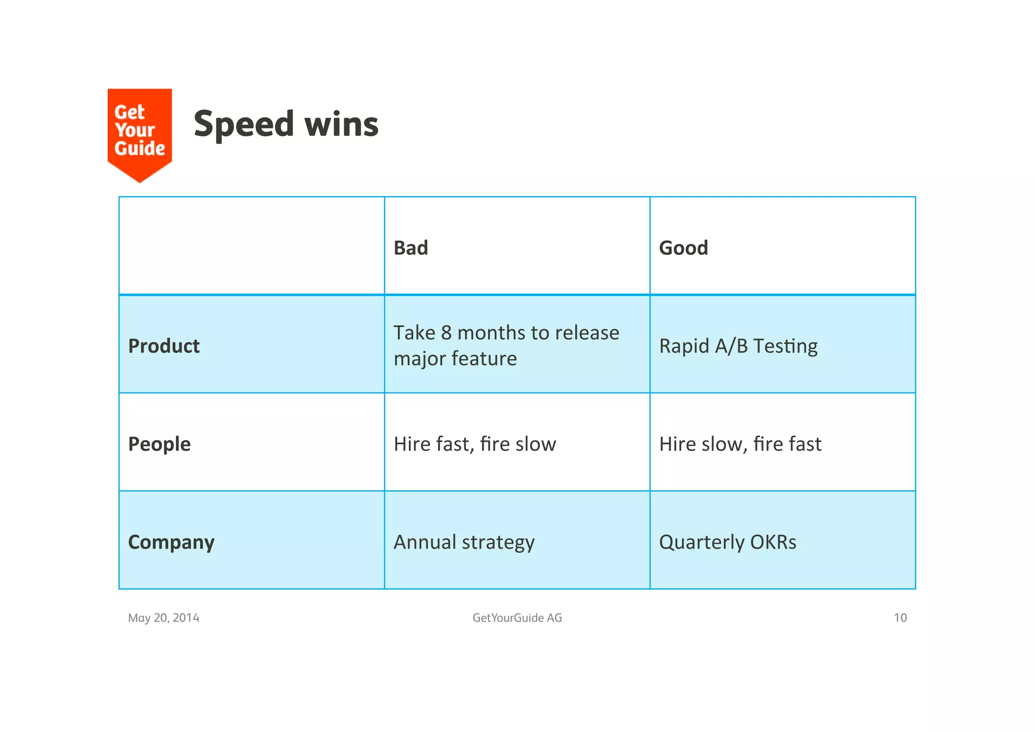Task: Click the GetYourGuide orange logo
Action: [x=139, y=133]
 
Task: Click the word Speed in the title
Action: [x=244, y=124]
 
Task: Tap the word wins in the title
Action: [x=342, y=124]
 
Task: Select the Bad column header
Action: [x=410, y=248]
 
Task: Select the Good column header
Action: [x=683, y=248]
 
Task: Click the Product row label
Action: [x=164, y=346]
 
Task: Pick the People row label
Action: [x=159, y=444]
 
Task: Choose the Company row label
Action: [x=171, y=542]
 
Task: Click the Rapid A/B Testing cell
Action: [x=738, y=346]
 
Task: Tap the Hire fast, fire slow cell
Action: [x=475, y=444]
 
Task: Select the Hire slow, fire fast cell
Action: [x=740, y=444]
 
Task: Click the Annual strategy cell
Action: [x=464, y=542]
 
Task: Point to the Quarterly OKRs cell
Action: [x=727, y=542]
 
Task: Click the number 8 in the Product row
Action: [x=446, y=333]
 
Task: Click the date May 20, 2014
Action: [x=163, y=618]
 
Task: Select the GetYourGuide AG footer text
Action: [x=517, y=618]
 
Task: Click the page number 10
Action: [x=900, y=618]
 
